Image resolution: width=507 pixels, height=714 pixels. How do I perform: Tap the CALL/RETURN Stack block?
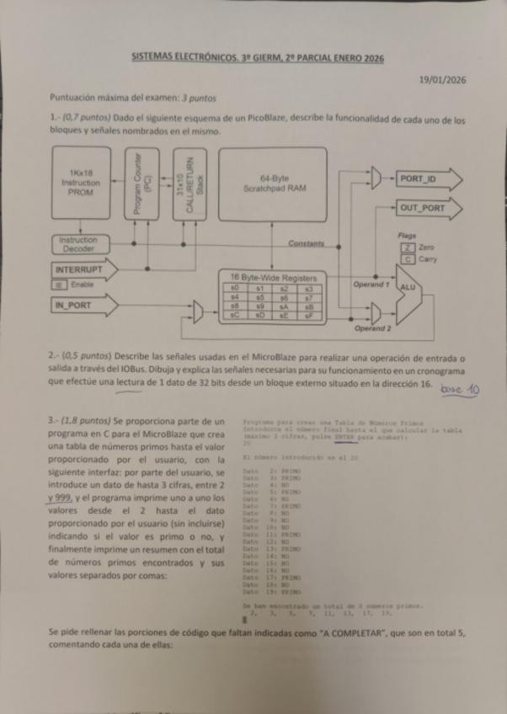[x=187, y=184]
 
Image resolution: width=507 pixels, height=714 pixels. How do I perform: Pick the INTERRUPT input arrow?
[x=83, y=269]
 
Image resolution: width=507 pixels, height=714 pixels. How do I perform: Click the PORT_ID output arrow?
[x=425, y=178]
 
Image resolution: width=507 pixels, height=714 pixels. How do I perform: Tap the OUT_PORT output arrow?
[x=426, y=207]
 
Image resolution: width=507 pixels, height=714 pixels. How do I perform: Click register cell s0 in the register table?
[x=233, y=288]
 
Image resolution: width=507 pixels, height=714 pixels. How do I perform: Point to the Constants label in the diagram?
[x=306, y=244]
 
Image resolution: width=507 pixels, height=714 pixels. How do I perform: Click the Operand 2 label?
[x=372, y=328]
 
